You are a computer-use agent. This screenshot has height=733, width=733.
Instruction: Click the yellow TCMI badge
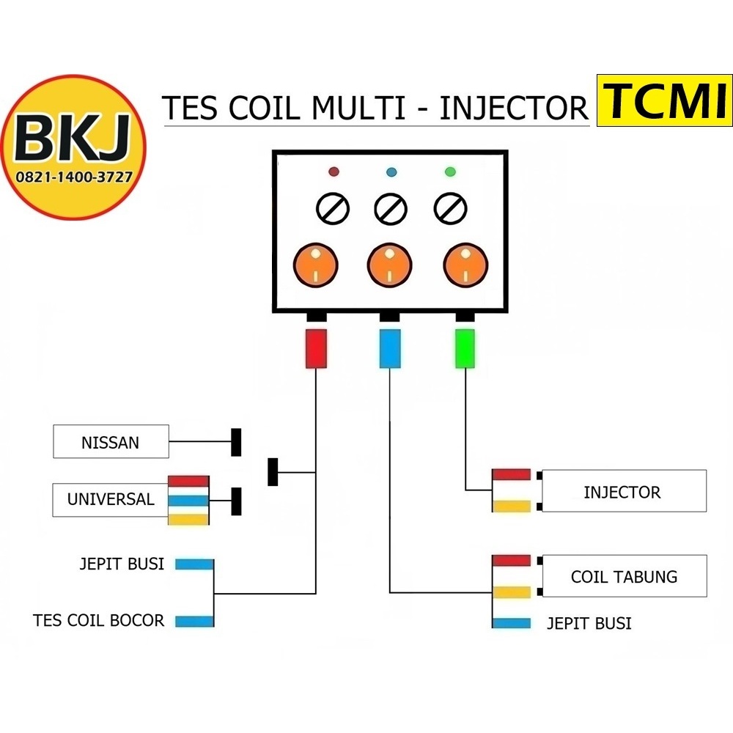click(x=663, y=100)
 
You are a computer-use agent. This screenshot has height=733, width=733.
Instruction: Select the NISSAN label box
click(x=111, y=442)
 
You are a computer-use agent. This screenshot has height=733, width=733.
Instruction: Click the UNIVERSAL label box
click(x=111, y=500)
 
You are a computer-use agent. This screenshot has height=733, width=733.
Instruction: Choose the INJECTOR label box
click(x=622, y=491)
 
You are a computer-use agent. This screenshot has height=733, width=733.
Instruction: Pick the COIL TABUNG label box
click(x=624, y=576)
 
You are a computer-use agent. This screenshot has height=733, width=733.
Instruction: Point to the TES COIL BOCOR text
click(x=99, y=620)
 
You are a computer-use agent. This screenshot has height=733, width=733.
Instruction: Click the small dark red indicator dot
click(x=334, y=172)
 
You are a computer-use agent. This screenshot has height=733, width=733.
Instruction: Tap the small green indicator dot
click(x=450, y=172)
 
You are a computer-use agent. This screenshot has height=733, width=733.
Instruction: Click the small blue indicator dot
click(x=391, y=172)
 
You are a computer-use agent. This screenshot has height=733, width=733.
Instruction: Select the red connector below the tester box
click(x=316, y=348)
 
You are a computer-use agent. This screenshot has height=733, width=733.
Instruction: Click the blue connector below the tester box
click(x=390, y=348)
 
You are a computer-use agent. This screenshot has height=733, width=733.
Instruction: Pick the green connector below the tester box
click(x=465, y=348)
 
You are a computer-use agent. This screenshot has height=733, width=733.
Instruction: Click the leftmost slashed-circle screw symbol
click(x=332, y=210)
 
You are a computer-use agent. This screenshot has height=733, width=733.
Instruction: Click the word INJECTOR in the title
click(x=514, y=108)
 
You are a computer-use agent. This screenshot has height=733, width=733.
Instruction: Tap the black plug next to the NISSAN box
click(x=236, y=442)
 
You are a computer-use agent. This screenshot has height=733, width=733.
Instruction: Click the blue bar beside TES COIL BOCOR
click(x=194, y=622)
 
